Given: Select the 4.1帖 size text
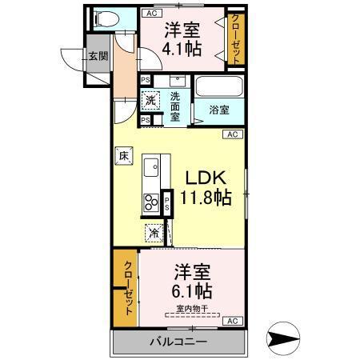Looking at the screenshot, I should point(182,49).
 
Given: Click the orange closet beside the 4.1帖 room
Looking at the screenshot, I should point(235,39).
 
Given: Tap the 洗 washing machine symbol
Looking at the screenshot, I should point(150,100).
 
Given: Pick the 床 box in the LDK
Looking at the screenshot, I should point(125,158).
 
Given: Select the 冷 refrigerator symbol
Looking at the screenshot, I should point(153,234).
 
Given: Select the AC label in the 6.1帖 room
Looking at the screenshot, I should point(232,321).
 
